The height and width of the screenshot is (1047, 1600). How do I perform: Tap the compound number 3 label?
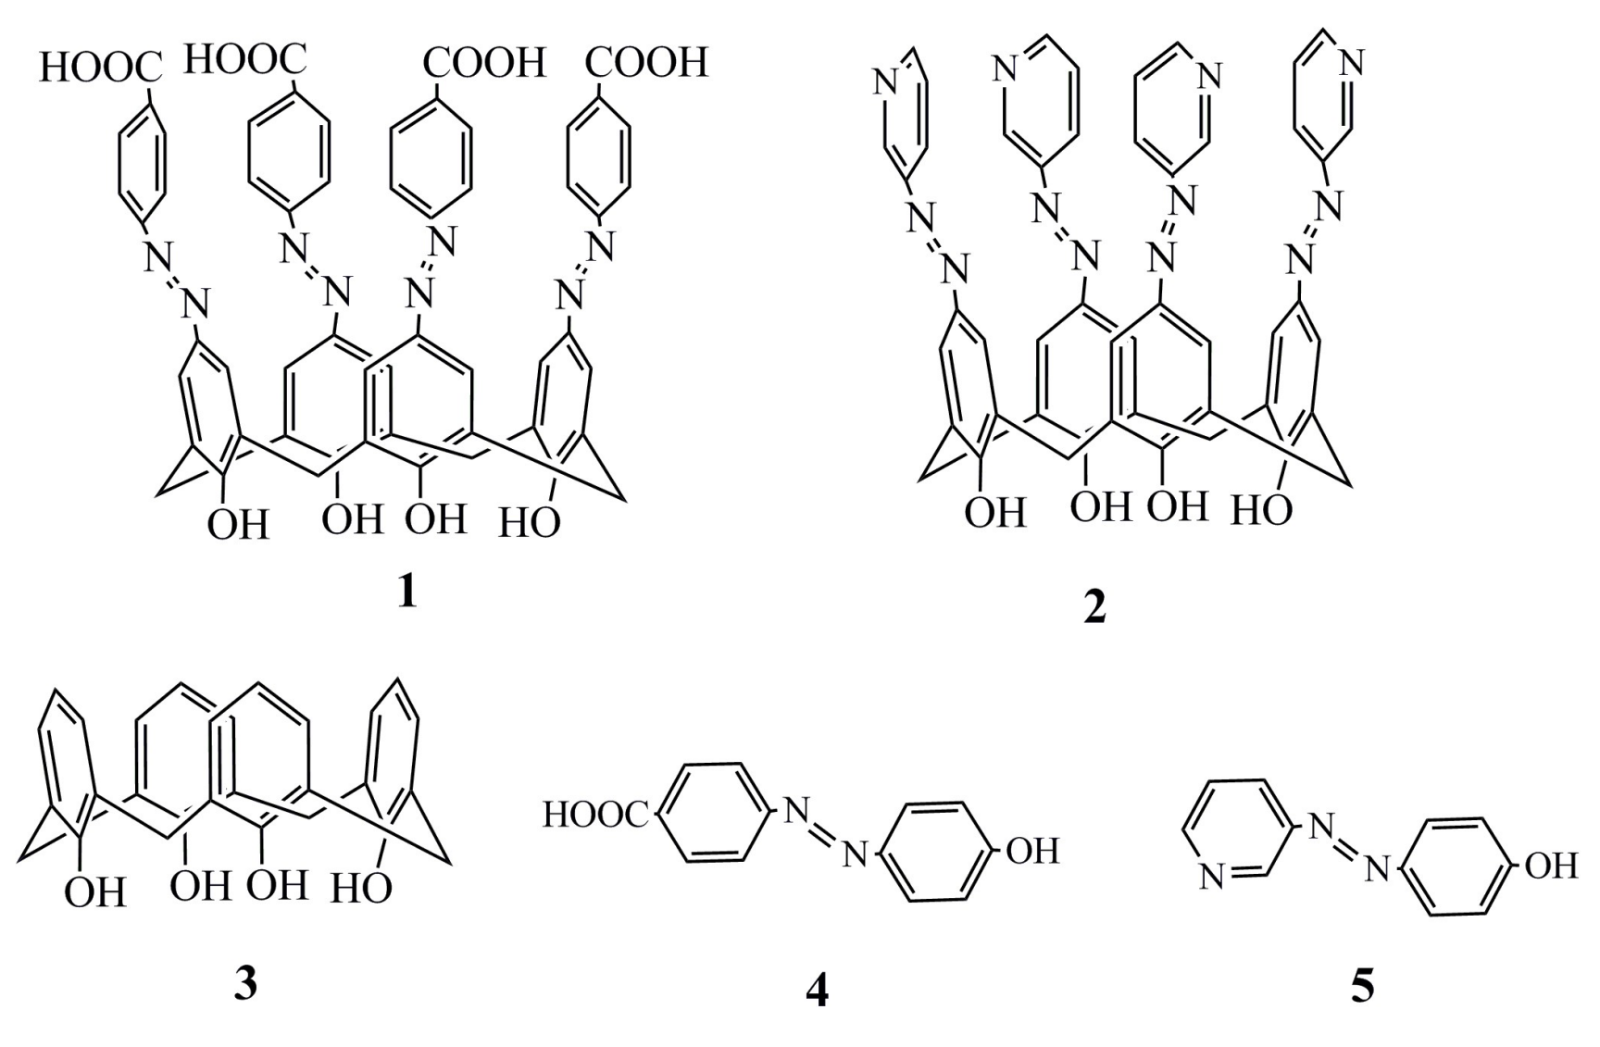click(x=244, y=983)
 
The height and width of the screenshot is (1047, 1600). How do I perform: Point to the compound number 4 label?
click(x=817, y=991)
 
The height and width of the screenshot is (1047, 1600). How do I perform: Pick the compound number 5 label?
click(x=1362, y=987)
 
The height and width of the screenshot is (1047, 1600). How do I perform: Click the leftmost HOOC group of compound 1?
click(x=100, y=68)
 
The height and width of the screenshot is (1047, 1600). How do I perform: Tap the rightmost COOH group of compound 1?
click(x=646, y=62)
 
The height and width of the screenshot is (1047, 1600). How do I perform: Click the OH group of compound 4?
click(x=1032, y=851)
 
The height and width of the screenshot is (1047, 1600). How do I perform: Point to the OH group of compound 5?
click(x=1550, y=866)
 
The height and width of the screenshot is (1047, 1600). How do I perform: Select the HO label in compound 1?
click(x=530, y=524)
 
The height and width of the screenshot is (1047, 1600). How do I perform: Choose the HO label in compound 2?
click(x=1261, y=510)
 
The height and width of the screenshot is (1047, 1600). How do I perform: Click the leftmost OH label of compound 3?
click(x=94, y=893)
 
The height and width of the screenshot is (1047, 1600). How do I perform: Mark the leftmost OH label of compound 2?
click(x=995, y=512)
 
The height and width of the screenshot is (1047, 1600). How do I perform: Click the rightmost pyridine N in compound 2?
click(x=1352, y=63)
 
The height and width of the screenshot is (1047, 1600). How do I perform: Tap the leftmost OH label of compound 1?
click(x=238, y=525)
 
